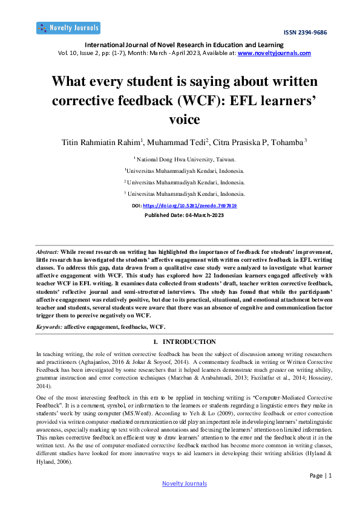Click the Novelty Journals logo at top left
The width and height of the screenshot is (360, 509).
pyautogui.click(x=68, y=28)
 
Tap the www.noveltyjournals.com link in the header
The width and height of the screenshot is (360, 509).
pyautogui.click(x=275, y=53)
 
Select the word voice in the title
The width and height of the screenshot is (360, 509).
pyautogui.click(x=180, y=118)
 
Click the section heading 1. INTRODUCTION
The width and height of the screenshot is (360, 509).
pyautogui.click(x=180, y=342)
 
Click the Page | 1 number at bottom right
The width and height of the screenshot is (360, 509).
pyautogui.click(x=321, y=475)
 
